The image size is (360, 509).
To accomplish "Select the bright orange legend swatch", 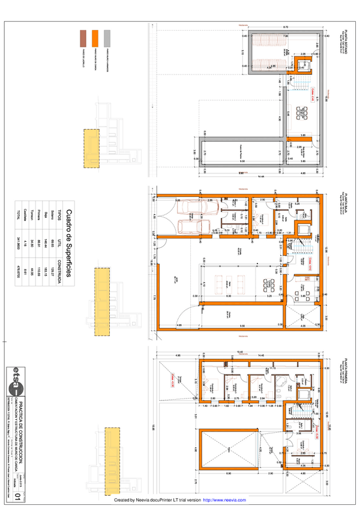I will click(95, 38).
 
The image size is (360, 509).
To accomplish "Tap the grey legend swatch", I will click(107, 38).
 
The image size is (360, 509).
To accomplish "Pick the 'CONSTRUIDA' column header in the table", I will click(59, 247).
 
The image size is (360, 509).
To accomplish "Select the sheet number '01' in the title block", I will click(17, 496).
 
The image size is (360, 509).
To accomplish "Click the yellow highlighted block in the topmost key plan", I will click(91, 148).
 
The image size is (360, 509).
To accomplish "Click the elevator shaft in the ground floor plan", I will click(302, 230).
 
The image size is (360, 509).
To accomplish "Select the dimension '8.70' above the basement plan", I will click(286, 27).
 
